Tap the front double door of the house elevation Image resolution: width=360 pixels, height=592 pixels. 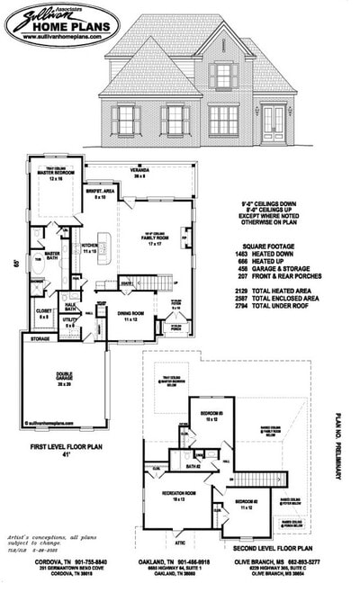point(273,123)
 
